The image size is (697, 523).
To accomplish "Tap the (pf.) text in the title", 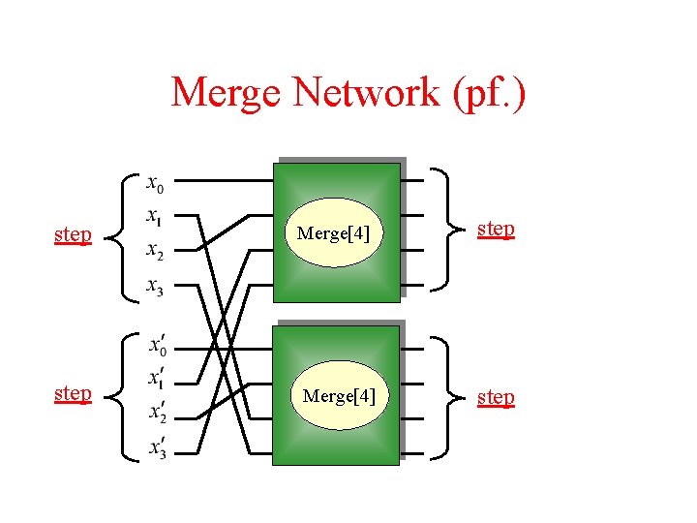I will pos(485,94).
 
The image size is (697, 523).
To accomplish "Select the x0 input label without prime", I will pos(155,182).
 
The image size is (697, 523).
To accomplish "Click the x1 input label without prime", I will pos(155,217).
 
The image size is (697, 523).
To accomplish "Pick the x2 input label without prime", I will pos(155,252).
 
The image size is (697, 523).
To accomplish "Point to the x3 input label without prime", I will pos(155,287).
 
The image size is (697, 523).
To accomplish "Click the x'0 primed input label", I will pos(157,344).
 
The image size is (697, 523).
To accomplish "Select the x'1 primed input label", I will pos(155,378).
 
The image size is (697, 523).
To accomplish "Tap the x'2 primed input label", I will pos(157,413).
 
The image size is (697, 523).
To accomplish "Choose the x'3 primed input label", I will pos(156,446).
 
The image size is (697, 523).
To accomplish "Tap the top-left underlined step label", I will pos(73,235).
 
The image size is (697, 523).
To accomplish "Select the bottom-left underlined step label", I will pos(73,393).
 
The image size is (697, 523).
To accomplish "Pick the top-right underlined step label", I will pos(496,229).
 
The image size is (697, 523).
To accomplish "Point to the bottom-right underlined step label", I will pos(496,398).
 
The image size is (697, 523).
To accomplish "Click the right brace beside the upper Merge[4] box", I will pos(447,231).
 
